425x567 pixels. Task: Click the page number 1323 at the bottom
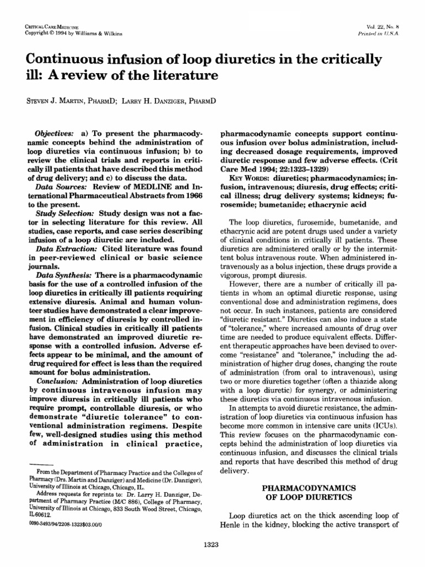[x=212, y=545]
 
